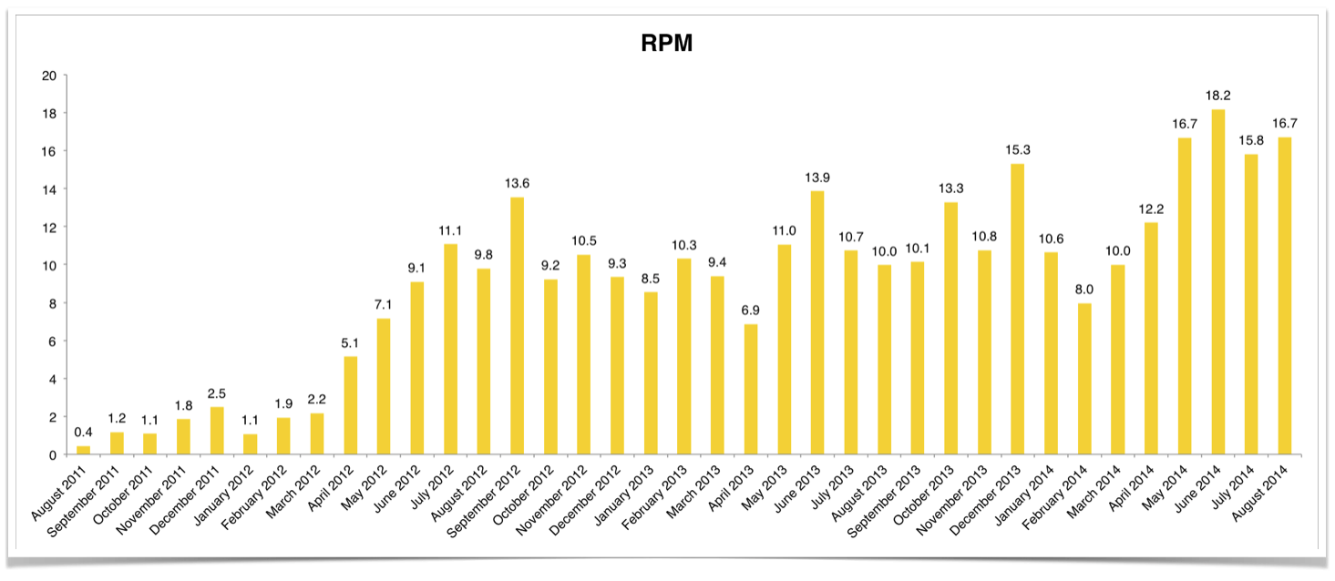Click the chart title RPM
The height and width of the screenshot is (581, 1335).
[x=666, y=43]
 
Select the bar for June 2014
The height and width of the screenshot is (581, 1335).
[x=1217, y=282]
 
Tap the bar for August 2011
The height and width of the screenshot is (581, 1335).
[x=83, y=450]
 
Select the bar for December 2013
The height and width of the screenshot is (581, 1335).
[x=1017, y=310]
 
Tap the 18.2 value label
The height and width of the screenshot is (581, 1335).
[x=1217, y=94]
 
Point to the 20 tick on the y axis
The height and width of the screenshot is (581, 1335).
[x=50, y=76]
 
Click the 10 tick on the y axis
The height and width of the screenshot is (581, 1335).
[x=50, y=265]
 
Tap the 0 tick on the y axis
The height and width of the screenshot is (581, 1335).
[x=54, y=454]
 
